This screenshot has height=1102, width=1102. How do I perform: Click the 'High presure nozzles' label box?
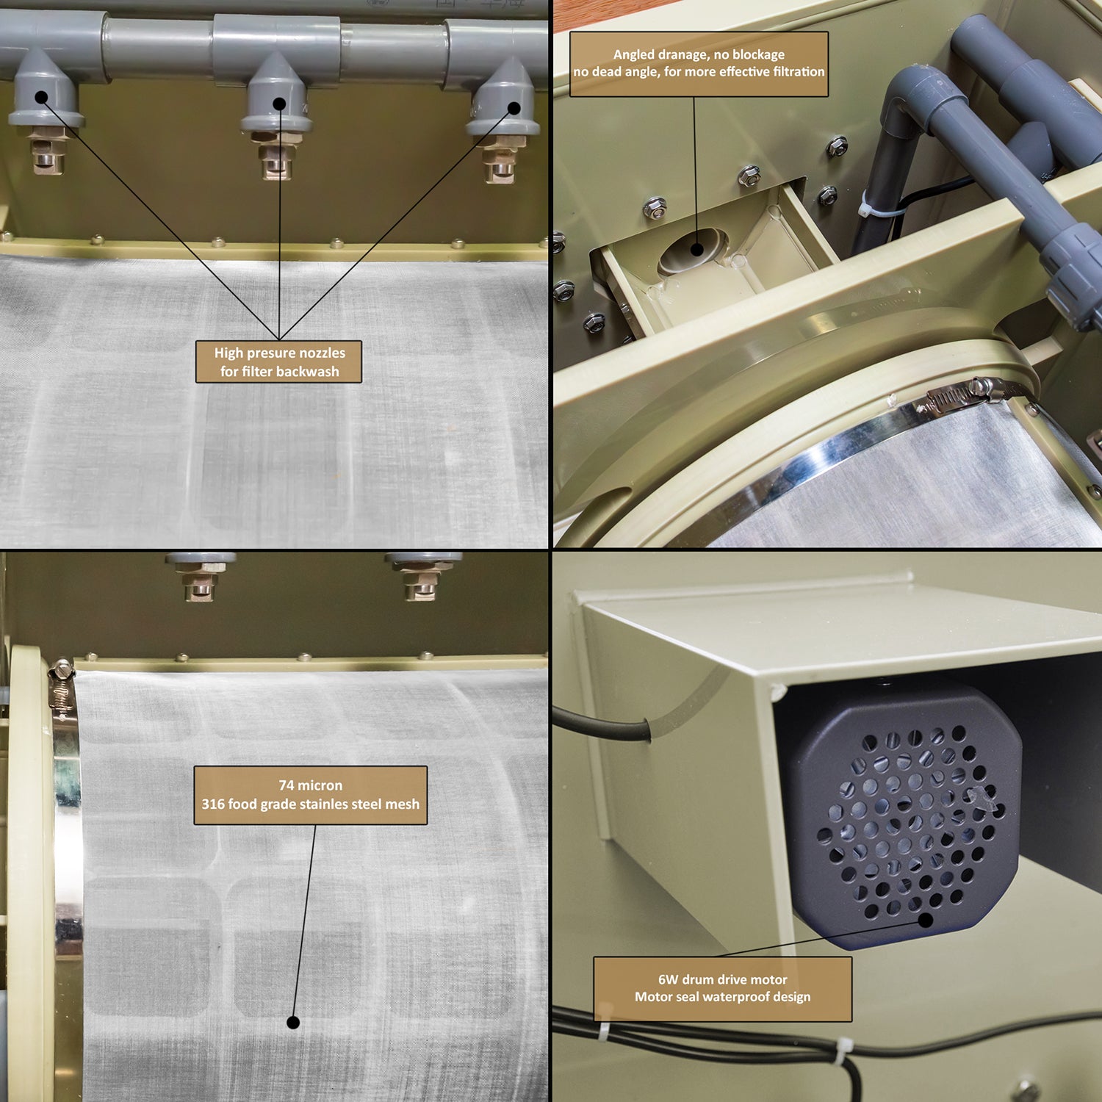(x=278, y=361)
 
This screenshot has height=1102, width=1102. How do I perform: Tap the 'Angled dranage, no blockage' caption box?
(x=699, y=64)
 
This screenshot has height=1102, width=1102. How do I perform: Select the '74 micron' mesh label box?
(x=310, y=795)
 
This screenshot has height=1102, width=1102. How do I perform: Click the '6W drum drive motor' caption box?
(x=722, y=988)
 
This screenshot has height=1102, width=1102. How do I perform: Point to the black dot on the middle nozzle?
(x=279, y=104)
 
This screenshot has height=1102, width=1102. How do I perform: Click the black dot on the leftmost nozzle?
(x=41, y=96)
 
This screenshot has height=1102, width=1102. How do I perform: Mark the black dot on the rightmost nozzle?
(x=514, y=108)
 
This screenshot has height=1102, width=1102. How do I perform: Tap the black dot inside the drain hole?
(x=696, y=249)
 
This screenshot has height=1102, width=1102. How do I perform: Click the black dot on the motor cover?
(x=926, y=919)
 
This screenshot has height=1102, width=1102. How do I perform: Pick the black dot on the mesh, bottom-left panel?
(x=292, y=1022)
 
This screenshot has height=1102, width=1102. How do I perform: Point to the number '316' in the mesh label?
(x=213, y=804)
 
